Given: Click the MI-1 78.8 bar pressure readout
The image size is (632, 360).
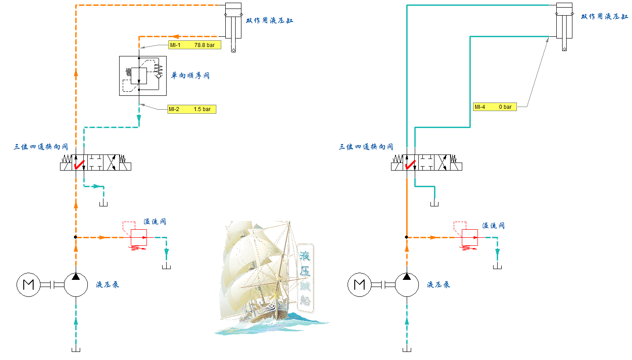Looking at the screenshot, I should pos(194,45).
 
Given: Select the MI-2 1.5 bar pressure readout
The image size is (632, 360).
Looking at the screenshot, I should pos(192,109).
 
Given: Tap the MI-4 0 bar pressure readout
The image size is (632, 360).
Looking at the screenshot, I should pos(494,107).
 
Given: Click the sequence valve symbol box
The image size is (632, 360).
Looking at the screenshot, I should pos(142,76).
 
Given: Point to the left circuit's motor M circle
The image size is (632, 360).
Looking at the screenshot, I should pos(28,284).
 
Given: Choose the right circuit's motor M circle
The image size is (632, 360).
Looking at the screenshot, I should pos(359,284).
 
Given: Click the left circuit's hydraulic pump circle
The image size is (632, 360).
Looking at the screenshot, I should pos(76,284).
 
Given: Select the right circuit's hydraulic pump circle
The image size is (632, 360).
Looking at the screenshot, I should pos(407,284).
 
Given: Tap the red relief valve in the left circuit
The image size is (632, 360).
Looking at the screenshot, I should pos(139,237).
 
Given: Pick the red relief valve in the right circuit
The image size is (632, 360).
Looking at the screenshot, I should pos(470,237).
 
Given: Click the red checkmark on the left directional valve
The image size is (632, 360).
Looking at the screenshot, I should pos(79,164).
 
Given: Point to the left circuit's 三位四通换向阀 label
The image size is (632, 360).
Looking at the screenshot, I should pos(41,146).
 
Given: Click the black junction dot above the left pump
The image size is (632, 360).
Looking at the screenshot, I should pos(76,237).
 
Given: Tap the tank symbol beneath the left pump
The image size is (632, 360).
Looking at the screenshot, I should pos(76,350).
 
